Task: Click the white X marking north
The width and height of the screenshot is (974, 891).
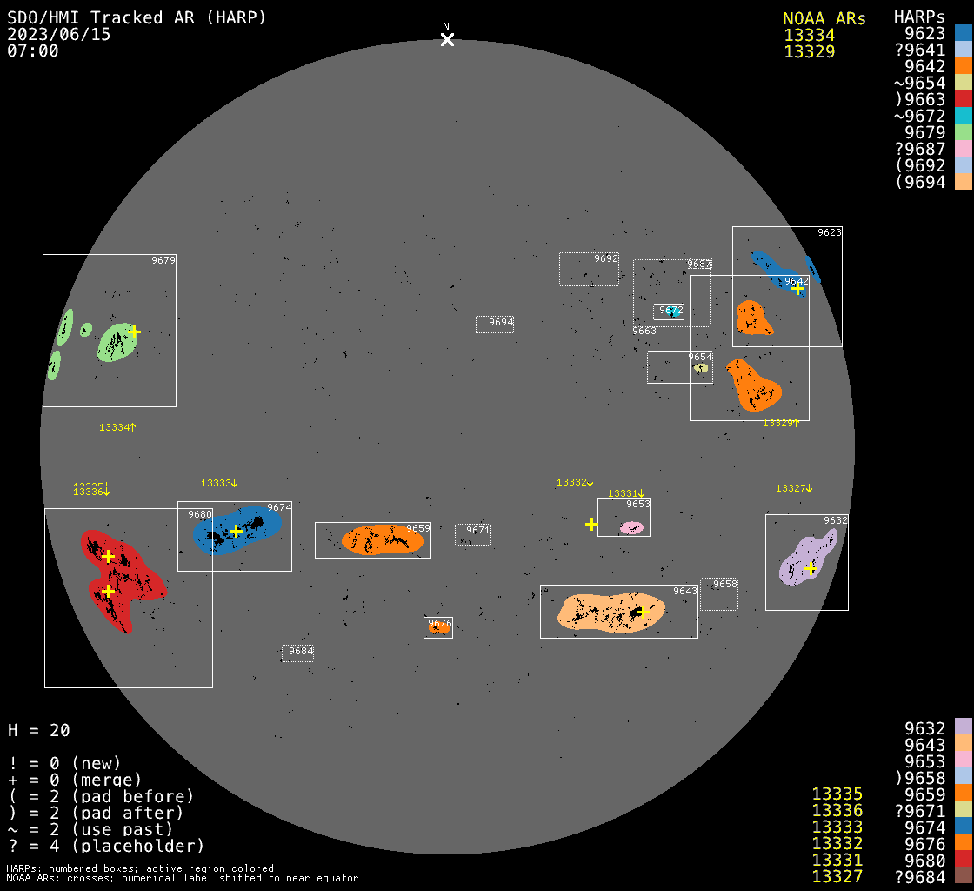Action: (447, 39)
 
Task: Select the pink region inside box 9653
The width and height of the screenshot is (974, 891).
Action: (632, 528)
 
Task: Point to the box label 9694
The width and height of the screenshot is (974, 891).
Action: (501, 322)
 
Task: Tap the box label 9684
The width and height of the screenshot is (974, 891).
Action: (301, 651)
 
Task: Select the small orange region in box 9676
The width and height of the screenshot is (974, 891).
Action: (439, 627)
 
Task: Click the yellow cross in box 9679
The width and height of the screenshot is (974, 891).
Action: (134, 332)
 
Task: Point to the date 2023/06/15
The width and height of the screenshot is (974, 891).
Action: (59, 35)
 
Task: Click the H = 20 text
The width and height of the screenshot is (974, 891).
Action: (39, 730)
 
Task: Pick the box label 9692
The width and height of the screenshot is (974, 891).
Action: (606, 258)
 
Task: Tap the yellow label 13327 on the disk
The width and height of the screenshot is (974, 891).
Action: (791, 488)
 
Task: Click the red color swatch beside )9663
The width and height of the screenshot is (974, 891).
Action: (963, 99)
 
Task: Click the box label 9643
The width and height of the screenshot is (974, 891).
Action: (685, 591)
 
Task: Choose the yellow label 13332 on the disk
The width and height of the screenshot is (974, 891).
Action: (572, 482)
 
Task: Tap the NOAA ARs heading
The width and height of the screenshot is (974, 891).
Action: (824, 18)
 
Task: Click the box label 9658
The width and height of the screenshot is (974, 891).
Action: (725, 584)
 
